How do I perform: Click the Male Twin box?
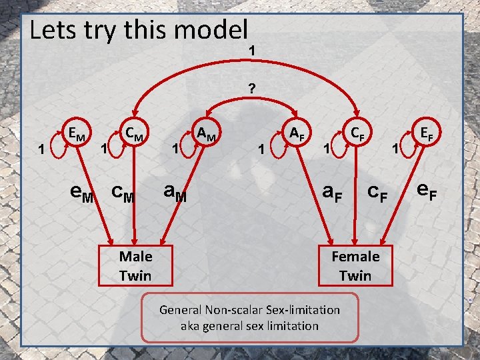click(135, 265)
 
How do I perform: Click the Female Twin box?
click(355, 265)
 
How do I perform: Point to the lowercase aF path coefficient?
click(331, 193)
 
